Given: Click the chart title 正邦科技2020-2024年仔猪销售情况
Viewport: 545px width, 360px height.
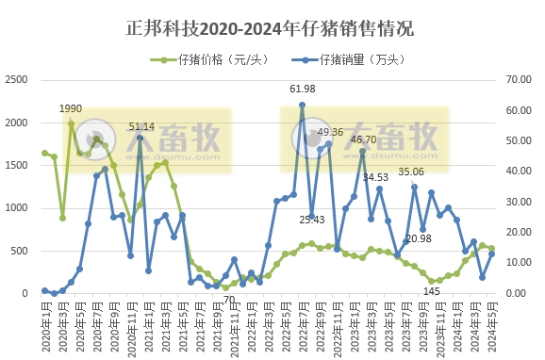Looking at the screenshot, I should tap(272, 27).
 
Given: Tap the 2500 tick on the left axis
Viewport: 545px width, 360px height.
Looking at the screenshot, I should tap(16, 81).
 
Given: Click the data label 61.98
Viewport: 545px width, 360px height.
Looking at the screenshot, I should tap(302, 89).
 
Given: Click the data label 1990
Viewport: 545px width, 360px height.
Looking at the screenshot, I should tap(71, 109).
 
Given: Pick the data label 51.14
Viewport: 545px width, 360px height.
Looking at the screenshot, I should tap(141, 125).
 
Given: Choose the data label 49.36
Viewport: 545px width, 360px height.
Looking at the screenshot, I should tap(330, 132).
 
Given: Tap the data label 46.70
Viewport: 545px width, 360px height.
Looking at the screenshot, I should tap(364, 139).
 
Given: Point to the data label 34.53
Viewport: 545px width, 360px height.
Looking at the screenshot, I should tap(375, 176).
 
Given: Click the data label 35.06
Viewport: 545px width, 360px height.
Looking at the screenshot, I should tap(411, 172).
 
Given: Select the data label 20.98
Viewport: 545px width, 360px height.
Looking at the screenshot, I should tap(419, 238).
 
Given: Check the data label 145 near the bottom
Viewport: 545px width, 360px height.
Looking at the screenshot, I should tap(431, 291).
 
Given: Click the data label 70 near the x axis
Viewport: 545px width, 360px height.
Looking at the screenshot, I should tap(228, 301).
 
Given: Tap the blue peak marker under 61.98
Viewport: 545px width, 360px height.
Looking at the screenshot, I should tap(302, 105).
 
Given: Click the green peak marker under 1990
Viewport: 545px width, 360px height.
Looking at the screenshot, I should tap(71, 123).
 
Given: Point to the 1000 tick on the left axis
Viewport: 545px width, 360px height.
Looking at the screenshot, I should tap(16, 208).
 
